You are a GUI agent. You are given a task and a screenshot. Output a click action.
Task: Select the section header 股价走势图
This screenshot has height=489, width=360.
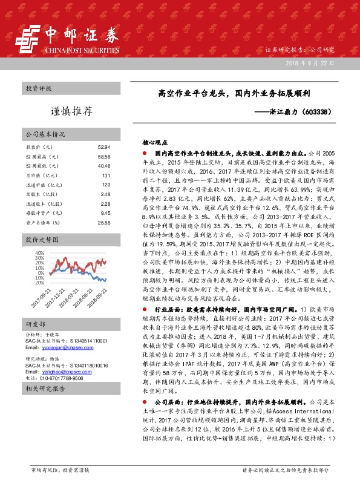click(x=41, y=240)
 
